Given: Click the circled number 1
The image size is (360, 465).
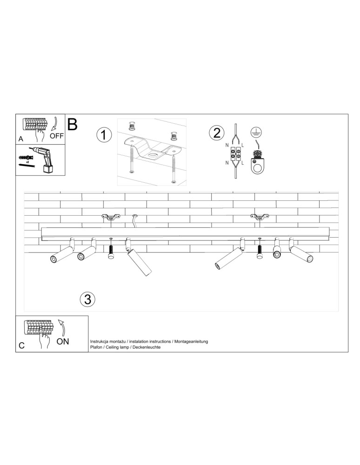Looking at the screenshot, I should (104, 135).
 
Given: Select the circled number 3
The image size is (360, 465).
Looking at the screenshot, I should (87, 299).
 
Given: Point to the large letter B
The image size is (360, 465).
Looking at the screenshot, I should (73, 124).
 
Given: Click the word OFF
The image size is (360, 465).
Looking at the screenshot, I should (56, 136).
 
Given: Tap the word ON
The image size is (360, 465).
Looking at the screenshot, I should (63, 341).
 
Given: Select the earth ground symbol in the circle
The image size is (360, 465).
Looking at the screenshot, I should (254, 132).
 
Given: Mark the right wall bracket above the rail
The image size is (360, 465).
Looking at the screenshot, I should (259, 217).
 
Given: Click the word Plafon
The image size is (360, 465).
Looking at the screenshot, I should (97, 348).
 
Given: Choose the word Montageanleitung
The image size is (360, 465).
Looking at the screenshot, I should (191, 341).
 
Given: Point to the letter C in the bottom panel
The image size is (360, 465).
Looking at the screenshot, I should (21, 346).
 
